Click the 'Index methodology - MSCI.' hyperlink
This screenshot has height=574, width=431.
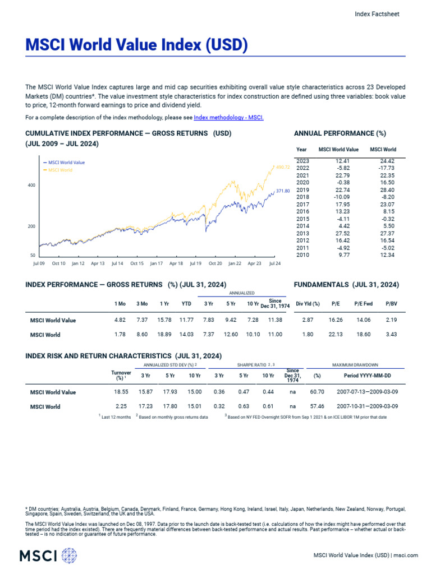coord(228,118)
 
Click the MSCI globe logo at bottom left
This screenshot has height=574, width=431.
coord(70,556)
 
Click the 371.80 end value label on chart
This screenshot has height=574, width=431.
coord(283,191)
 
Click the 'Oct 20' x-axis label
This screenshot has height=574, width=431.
coord(215,263)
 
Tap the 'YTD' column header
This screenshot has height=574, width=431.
coord(186,304)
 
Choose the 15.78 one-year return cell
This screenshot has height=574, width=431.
coord(164,321)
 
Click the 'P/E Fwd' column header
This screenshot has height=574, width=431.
coord(363,304)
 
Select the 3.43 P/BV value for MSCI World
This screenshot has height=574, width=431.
coord(391,335)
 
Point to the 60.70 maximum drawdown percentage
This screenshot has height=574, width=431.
coord(317,392)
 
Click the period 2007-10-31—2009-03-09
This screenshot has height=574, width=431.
coord(367,406)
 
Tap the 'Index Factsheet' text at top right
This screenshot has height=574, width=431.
coord(377,15)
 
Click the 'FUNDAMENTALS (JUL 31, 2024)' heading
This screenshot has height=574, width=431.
coord(346,285)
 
